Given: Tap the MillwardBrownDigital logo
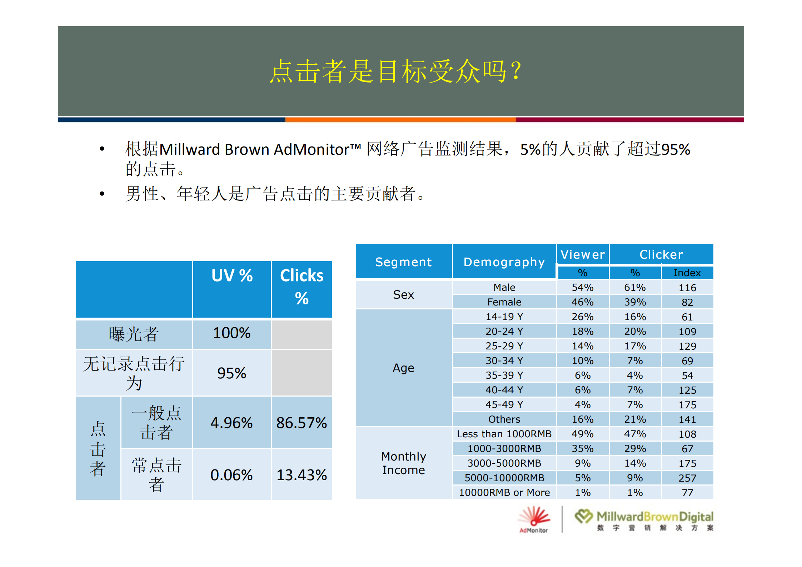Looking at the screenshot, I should [x=644, y=520].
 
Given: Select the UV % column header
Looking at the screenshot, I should [x=232, y=276].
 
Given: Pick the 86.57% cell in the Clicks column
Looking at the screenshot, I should [x=302, y=423].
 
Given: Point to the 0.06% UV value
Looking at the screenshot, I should [x=231, y=475].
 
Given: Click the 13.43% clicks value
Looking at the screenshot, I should [x=302, y=475].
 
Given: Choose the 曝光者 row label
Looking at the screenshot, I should [x=134, y=334].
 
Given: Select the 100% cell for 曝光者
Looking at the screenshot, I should [x=232, y=333].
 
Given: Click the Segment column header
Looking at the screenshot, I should [x=403, y=262].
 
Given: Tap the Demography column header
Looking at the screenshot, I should [x=504, y=262].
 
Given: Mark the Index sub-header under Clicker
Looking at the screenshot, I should [x=687, y=273].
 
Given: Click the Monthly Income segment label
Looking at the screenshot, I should [x=403, y=463].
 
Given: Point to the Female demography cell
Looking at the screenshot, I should [x=504, y=302].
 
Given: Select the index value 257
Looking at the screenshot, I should [x=687, y=478].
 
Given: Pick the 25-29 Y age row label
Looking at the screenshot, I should [x=504, y=346].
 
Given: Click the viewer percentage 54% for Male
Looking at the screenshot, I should [x=582, y=288].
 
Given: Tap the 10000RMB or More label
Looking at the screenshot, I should [x=504, y=493].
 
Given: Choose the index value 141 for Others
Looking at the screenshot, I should [x=687, y=419].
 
